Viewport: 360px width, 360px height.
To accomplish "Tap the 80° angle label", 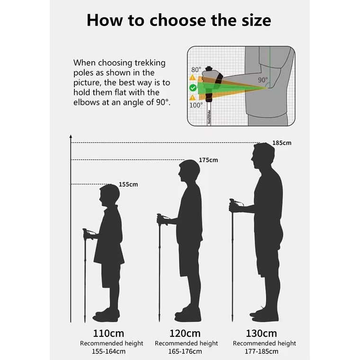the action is point(196,70).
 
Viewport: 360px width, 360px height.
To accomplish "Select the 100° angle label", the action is point(196,105).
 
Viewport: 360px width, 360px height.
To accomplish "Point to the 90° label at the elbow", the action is point(262,80).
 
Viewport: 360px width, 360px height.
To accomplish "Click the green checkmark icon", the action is point(193,88).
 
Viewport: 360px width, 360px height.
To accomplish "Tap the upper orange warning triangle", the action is point(192,77).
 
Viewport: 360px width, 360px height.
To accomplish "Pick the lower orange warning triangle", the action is point(192,98).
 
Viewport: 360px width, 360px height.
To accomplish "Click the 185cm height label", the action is point(282,143).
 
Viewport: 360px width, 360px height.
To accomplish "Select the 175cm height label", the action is point(208,160).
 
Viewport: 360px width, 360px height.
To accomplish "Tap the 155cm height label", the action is point(128,184).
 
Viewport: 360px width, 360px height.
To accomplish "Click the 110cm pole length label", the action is point(108,333).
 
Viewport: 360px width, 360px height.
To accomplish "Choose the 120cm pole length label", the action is point(185,333).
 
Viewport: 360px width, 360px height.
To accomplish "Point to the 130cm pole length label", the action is point(261,333).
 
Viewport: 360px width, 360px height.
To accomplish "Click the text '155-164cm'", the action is point(108,351).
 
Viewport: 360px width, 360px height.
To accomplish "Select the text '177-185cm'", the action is point(261,351).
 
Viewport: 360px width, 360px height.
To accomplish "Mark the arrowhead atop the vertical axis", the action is point(71,136).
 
